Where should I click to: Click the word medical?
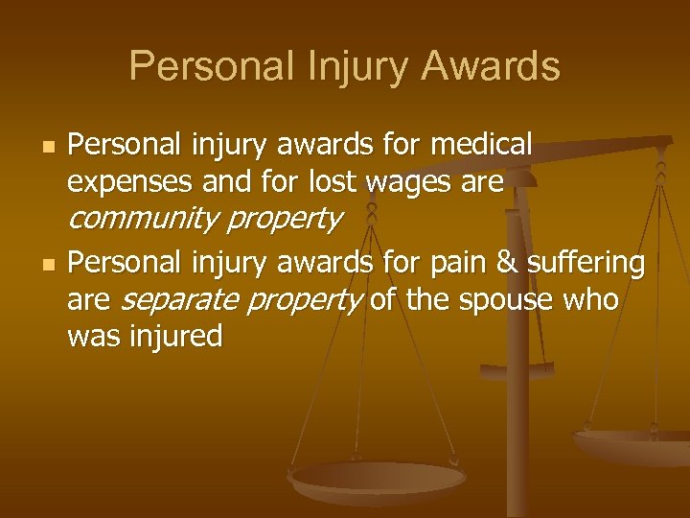tap(482, 145)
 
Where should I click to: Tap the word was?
tap(90, 337)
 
